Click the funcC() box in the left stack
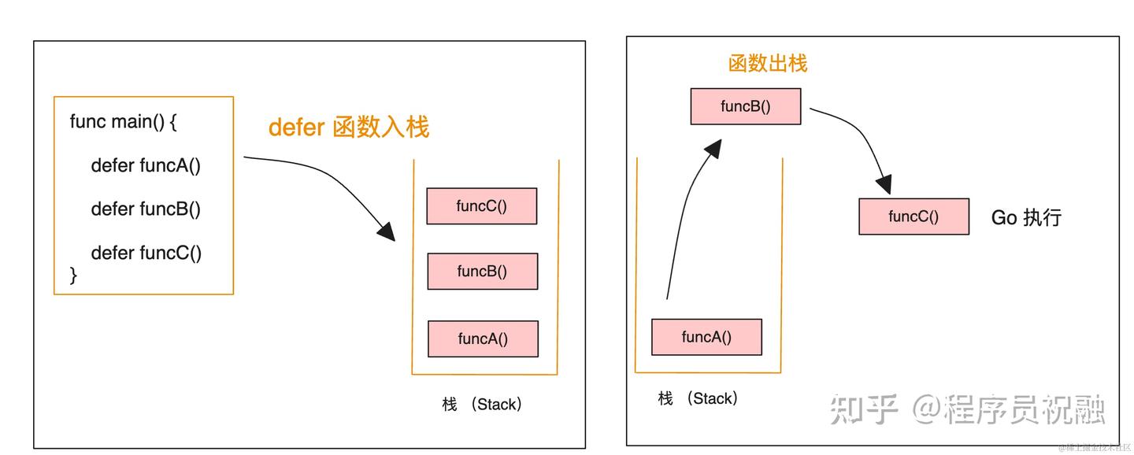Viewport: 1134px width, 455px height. [481, 206]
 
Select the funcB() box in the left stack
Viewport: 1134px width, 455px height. [482, 272]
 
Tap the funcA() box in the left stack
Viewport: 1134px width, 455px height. [483, 339]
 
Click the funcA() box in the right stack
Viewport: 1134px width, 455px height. [706, 337]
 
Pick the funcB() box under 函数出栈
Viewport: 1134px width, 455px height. [745, 107]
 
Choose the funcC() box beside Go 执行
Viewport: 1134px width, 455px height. [913, 216]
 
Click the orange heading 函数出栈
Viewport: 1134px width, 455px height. [768, 64]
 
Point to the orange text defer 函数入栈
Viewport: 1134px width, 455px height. [349, 127]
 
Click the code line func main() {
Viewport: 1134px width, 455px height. [124, 121]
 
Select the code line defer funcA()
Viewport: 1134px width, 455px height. [146, 165]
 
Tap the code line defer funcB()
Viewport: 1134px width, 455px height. [146, 209]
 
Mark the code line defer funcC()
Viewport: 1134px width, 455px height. [146, 253]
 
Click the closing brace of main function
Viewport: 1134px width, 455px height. [74, 275]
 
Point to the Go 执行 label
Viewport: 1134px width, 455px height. [1026, 217]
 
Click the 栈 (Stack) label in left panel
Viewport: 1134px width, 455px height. [482, 405]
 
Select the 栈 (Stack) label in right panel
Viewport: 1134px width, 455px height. [699, 398]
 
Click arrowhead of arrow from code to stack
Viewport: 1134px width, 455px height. [386, 231]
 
